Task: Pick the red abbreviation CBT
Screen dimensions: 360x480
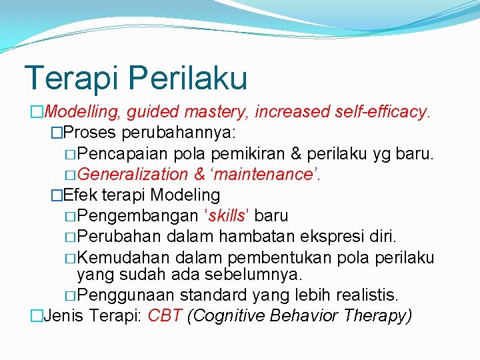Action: (x=165, y=315)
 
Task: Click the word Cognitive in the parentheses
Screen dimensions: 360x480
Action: (x=227, y=315)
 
